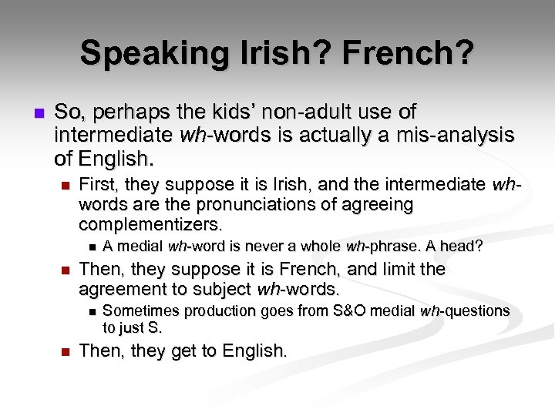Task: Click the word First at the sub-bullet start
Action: point(96,185)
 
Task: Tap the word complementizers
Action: point(150,225)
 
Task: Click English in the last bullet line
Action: point(254,351)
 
